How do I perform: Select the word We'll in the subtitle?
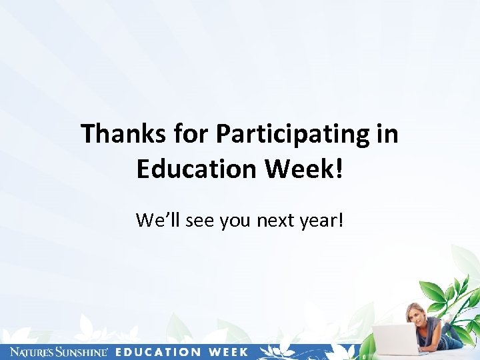point(155,219)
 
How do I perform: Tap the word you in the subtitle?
point(233,220)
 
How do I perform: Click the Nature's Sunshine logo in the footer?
point(59,352)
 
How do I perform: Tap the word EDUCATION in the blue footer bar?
point(157,352)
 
